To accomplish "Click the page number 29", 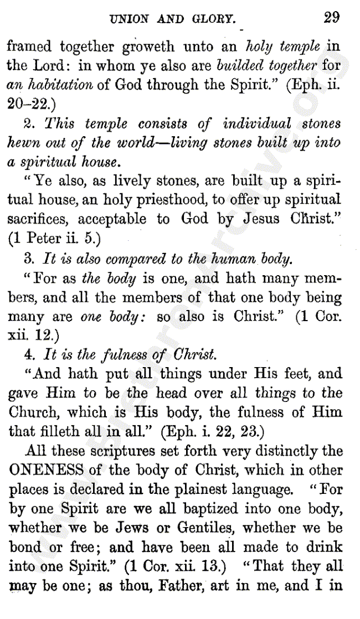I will click(x=332, y=17).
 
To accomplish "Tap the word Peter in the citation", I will click(x=44, y=239).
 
